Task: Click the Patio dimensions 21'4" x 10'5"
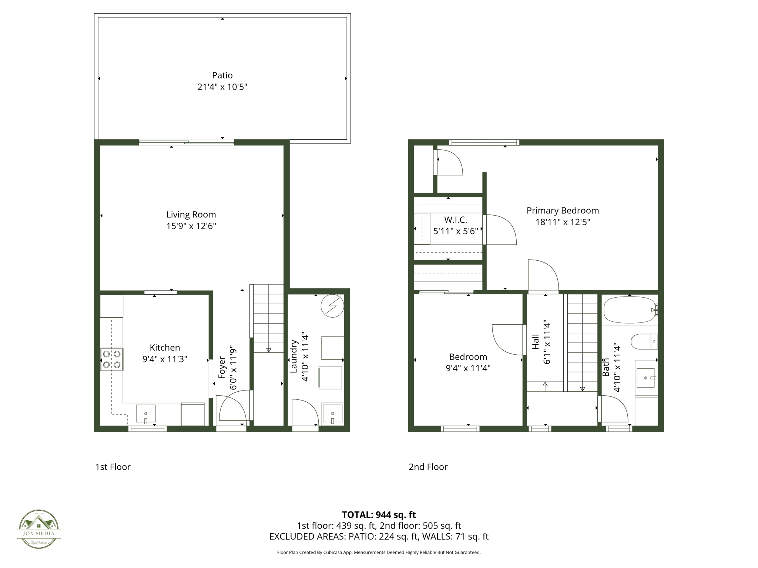(222, 87)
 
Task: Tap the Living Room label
(191, 214)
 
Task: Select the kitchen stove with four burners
(112, 359)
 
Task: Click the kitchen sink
(145, 414)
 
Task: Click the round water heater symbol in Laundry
(332, 306)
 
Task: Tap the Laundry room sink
(332, 414)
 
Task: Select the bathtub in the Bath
(629, 310)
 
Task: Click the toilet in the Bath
(643, 342)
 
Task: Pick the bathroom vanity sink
(646, 378)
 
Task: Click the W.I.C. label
(456, 220)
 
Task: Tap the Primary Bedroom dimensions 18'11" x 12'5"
(563, 222)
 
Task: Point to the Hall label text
(536, 342)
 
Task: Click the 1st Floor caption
(113, 467)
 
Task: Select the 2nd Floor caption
(428, 467)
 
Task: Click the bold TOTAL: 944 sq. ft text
(379, 515)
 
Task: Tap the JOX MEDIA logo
(39, 529)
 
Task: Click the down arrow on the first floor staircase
(268, 350)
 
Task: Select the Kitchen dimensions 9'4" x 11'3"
(165, 359)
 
